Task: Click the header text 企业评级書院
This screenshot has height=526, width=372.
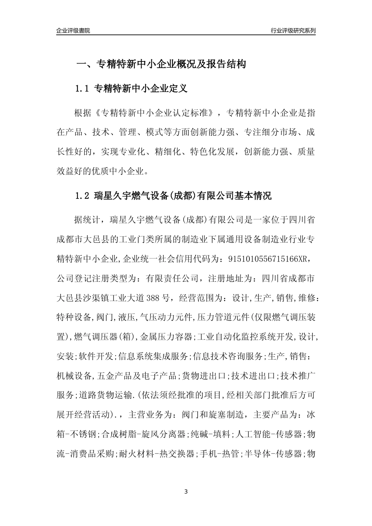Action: coord(73,31)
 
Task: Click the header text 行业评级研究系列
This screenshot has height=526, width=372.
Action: coord(293,31)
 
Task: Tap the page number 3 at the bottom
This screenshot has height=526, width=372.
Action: coord(186,492)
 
